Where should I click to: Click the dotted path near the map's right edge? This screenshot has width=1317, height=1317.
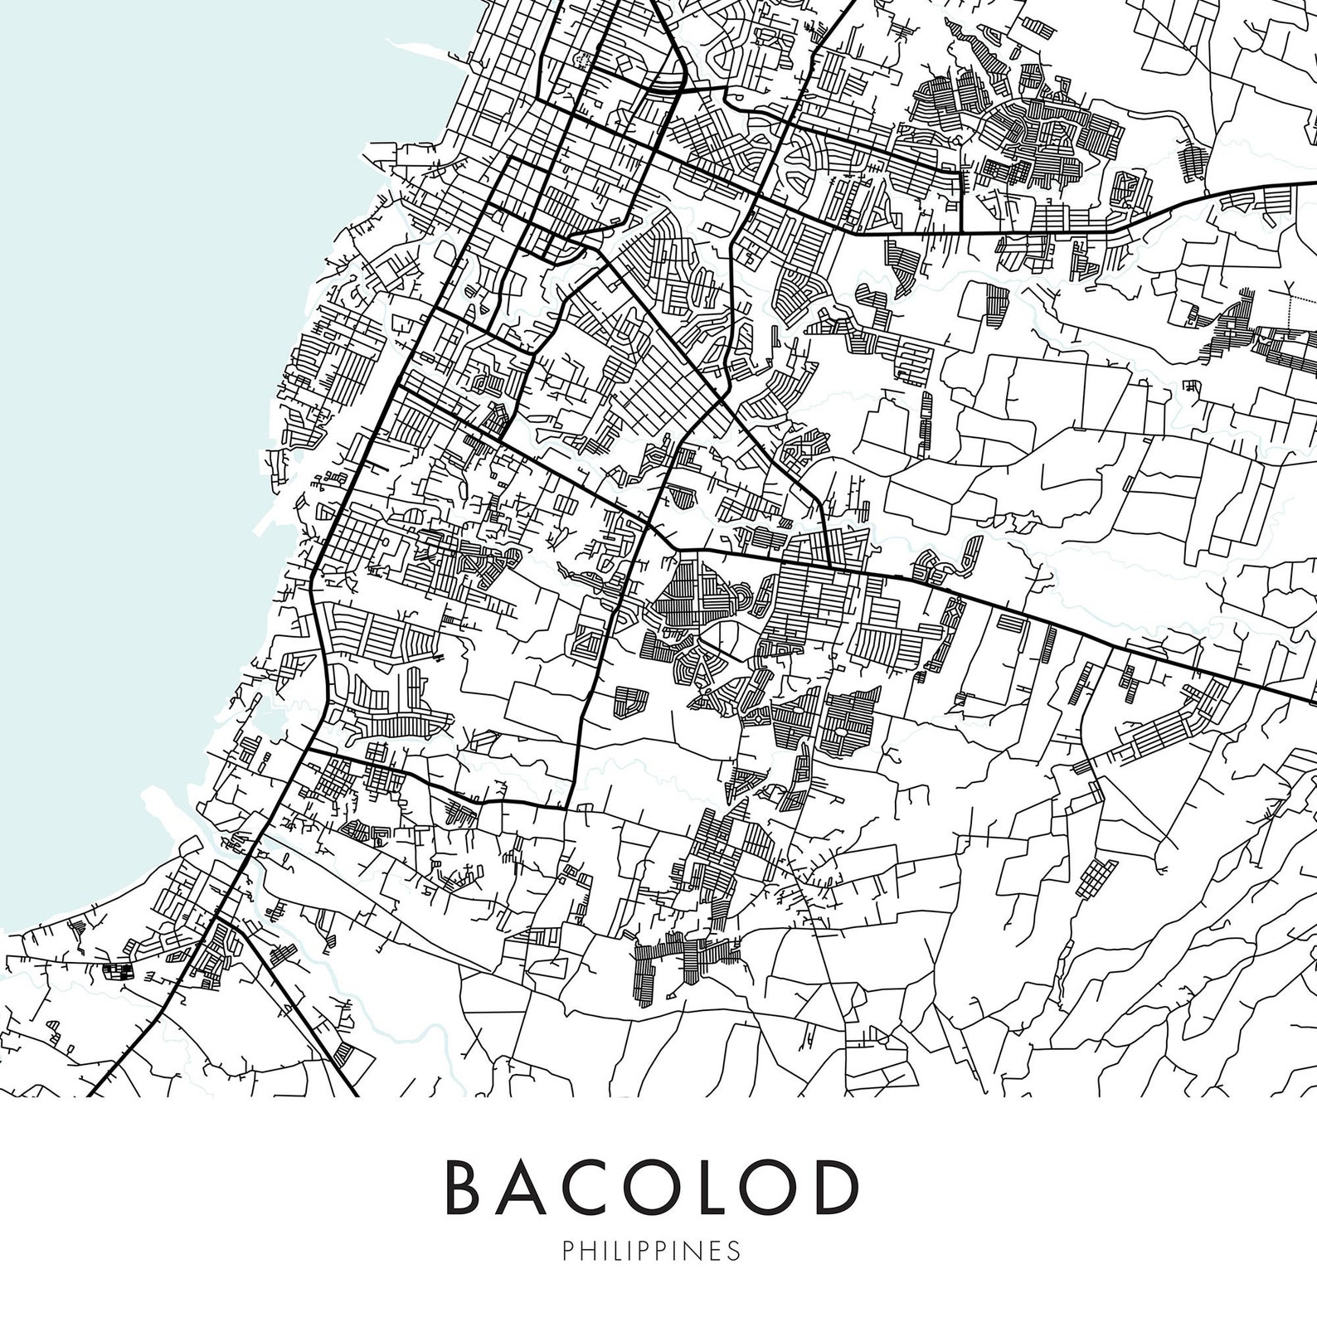(x=1291, y=303)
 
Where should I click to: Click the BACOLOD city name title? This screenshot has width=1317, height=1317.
(x=651, y=1186)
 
